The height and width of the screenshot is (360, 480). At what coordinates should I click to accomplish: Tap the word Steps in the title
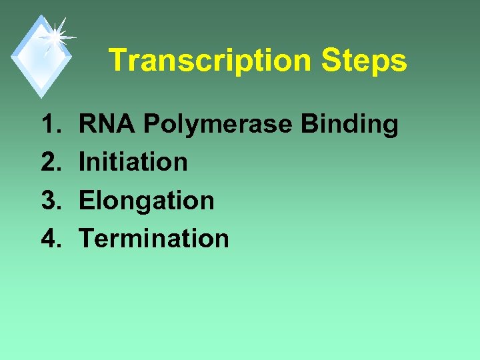coord(363,61)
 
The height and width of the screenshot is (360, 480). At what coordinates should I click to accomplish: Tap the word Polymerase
coord(219,124)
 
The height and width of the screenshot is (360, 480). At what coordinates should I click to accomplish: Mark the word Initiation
coord(133,162)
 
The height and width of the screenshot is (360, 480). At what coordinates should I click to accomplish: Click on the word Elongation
coord(147,200)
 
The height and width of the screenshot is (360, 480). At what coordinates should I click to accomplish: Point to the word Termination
coord(154,238)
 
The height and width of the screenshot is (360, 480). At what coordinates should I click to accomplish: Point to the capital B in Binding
coord(310,124)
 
